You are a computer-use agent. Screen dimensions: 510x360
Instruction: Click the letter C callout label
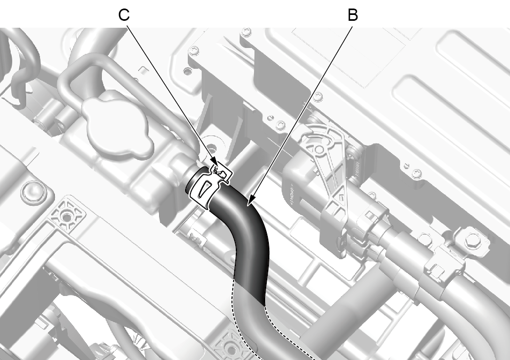click(x=124, y=15)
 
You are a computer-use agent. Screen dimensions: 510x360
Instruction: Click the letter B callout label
click(x=353, y=15)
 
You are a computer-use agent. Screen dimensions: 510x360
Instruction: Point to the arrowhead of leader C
click(x=214, y=162)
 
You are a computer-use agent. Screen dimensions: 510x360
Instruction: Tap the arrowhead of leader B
click(x=250, y=201)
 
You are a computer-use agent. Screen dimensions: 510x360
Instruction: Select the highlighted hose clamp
click(x=208, y=184)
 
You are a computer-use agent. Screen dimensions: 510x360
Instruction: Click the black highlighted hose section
click(x=247, y=241)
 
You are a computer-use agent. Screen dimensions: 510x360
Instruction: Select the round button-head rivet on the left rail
click(x=34, y=192)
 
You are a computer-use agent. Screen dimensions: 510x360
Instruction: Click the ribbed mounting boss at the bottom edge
click(x=229, y=348)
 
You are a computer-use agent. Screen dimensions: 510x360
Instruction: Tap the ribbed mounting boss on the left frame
click(x=67, y=215)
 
